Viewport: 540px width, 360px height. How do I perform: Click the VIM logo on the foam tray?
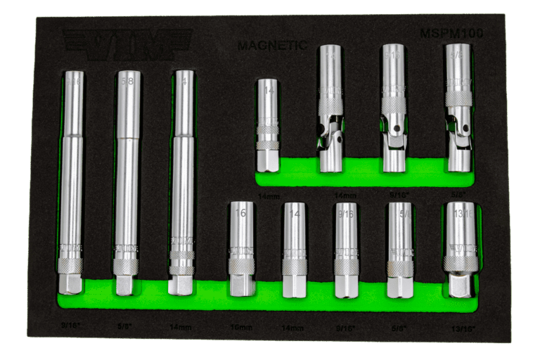[127, 44]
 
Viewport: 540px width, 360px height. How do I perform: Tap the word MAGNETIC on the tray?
[271, 46]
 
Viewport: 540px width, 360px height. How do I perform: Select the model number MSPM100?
[451, 33]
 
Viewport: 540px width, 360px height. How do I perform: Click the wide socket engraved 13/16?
[460, 246]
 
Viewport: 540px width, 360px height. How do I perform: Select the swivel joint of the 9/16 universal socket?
[394, 126]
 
